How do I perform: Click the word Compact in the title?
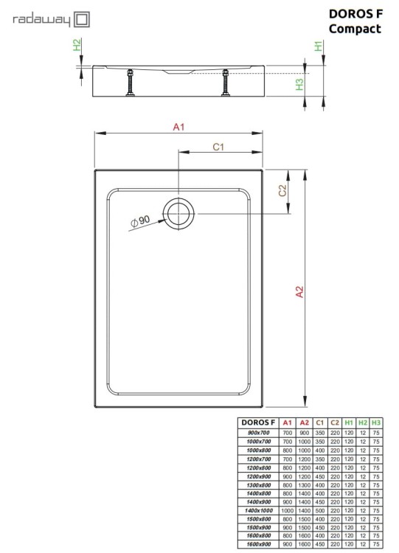355,29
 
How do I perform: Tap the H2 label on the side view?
78,46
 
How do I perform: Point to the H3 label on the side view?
300,85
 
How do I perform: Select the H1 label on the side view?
319,46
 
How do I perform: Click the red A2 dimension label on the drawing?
299,292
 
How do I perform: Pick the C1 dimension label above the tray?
218,147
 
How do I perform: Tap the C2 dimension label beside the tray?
282,191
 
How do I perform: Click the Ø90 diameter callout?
140,220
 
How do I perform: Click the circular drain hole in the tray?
178,213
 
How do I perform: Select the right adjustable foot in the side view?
226,83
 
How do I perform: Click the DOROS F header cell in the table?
257,422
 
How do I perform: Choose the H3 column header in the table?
377,422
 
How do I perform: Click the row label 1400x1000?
259,510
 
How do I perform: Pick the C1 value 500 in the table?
320,510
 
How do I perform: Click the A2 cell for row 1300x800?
304,484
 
